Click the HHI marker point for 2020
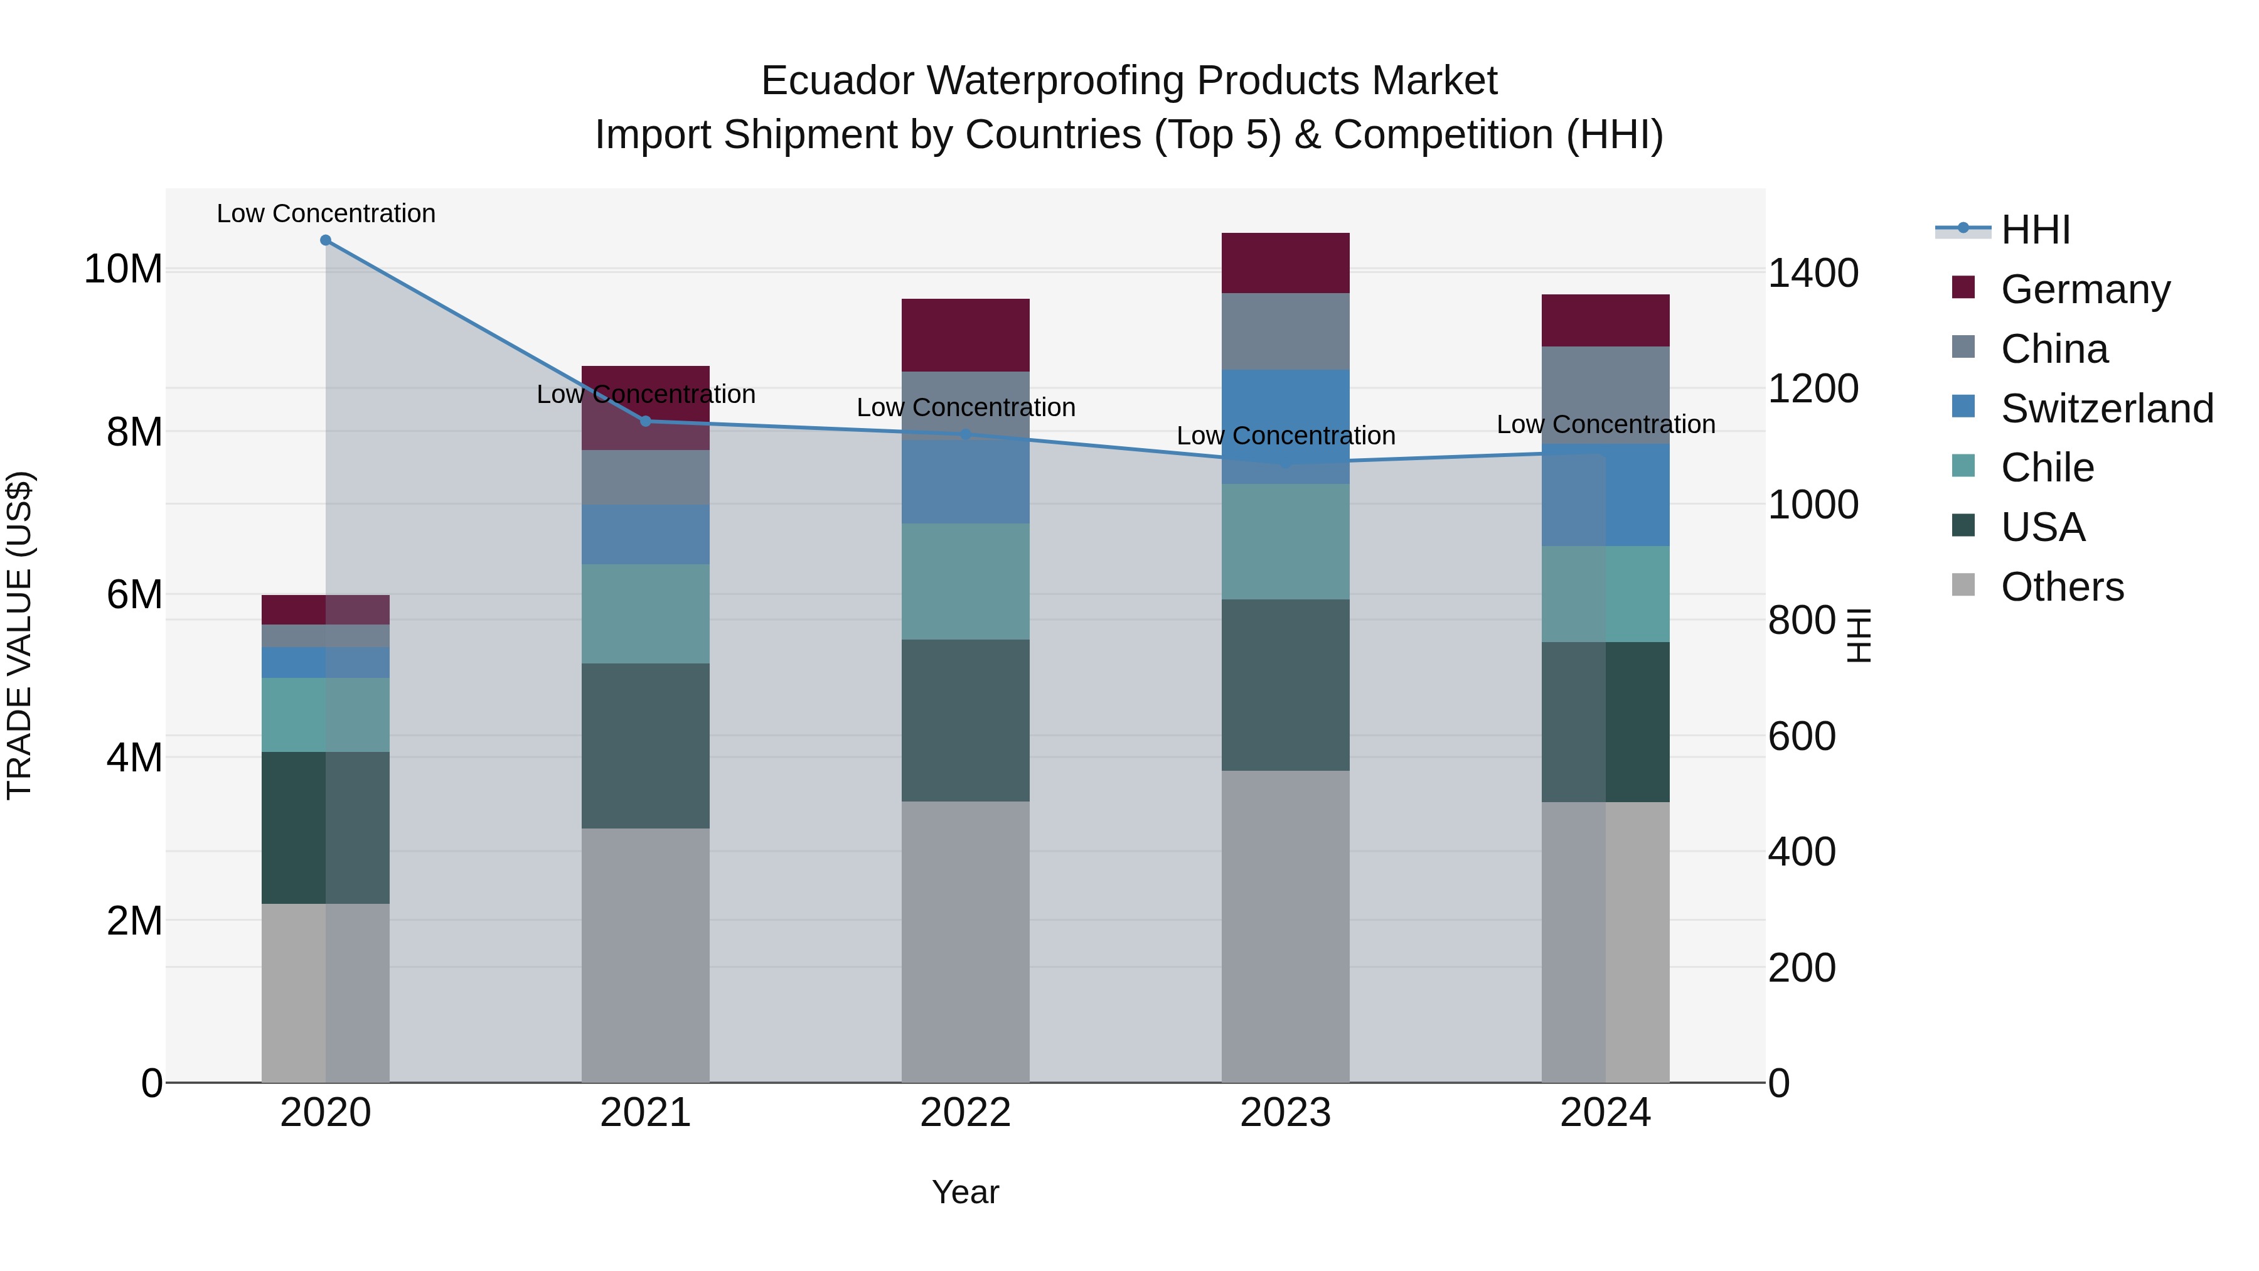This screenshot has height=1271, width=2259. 325,240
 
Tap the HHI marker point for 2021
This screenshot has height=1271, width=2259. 646,421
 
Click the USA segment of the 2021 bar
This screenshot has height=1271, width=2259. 646,746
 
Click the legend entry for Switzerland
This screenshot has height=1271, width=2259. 2107,409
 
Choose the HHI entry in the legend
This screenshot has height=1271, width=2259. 2034,230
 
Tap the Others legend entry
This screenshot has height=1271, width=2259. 2062,587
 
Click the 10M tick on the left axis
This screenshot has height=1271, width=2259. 123,269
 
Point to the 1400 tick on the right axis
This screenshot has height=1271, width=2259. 1812,273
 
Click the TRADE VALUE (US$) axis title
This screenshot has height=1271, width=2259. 19,635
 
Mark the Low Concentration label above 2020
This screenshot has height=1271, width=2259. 325,213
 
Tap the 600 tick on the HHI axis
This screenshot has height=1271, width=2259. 1801,736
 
